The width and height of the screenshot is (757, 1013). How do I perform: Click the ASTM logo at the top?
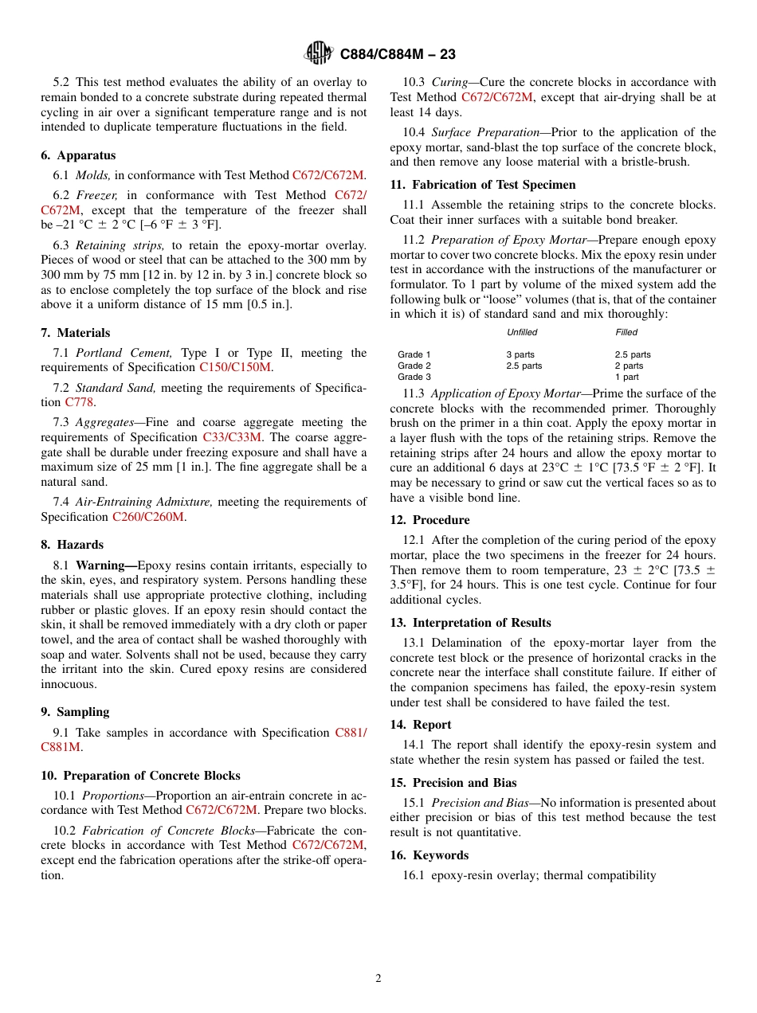(x=319, y=54)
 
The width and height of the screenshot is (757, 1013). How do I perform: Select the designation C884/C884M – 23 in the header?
(x=398, y=55)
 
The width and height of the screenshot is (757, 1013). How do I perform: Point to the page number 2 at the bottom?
(x=378, y=979)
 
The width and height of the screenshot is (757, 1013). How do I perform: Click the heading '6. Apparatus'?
(x=78, y=155)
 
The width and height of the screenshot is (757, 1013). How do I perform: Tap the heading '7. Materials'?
(x=76, y=333)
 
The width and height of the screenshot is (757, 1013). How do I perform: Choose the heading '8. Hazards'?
(x=73, y=545)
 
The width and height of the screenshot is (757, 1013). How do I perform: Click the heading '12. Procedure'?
(x=429, y=520)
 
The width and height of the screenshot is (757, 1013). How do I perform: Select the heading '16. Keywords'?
(x=429, y=855)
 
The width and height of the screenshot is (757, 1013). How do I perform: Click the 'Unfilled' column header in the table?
(x=522, y=332)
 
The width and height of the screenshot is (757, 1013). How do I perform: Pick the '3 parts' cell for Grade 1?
(x=520, y=354)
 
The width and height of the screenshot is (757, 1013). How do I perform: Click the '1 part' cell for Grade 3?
(x=626, y=377)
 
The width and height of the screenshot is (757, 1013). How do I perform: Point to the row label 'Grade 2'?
(x=414, y=366)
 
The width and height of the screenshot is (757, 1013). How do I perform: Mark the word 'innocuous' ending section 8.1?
(x=69, y=684)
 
